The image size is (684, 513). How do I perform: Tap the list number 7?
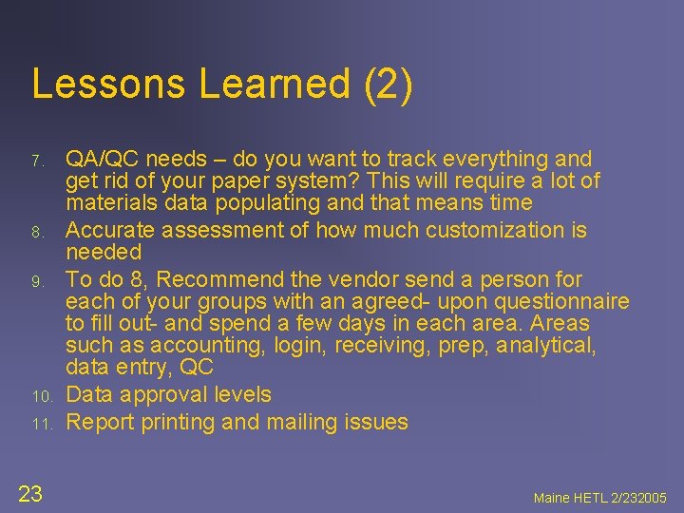coord(37,161)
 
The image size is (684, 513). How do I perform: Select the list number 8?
coord(37,232)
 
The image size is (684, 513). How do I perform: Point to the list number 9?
coord(37,281)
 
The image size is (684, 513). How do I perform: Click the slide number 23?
coord(30,492)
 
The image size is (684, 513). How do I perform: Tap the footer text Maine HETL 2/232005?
coord(600,497)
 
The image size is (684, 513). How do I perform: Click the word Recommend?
coord(218,279)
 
